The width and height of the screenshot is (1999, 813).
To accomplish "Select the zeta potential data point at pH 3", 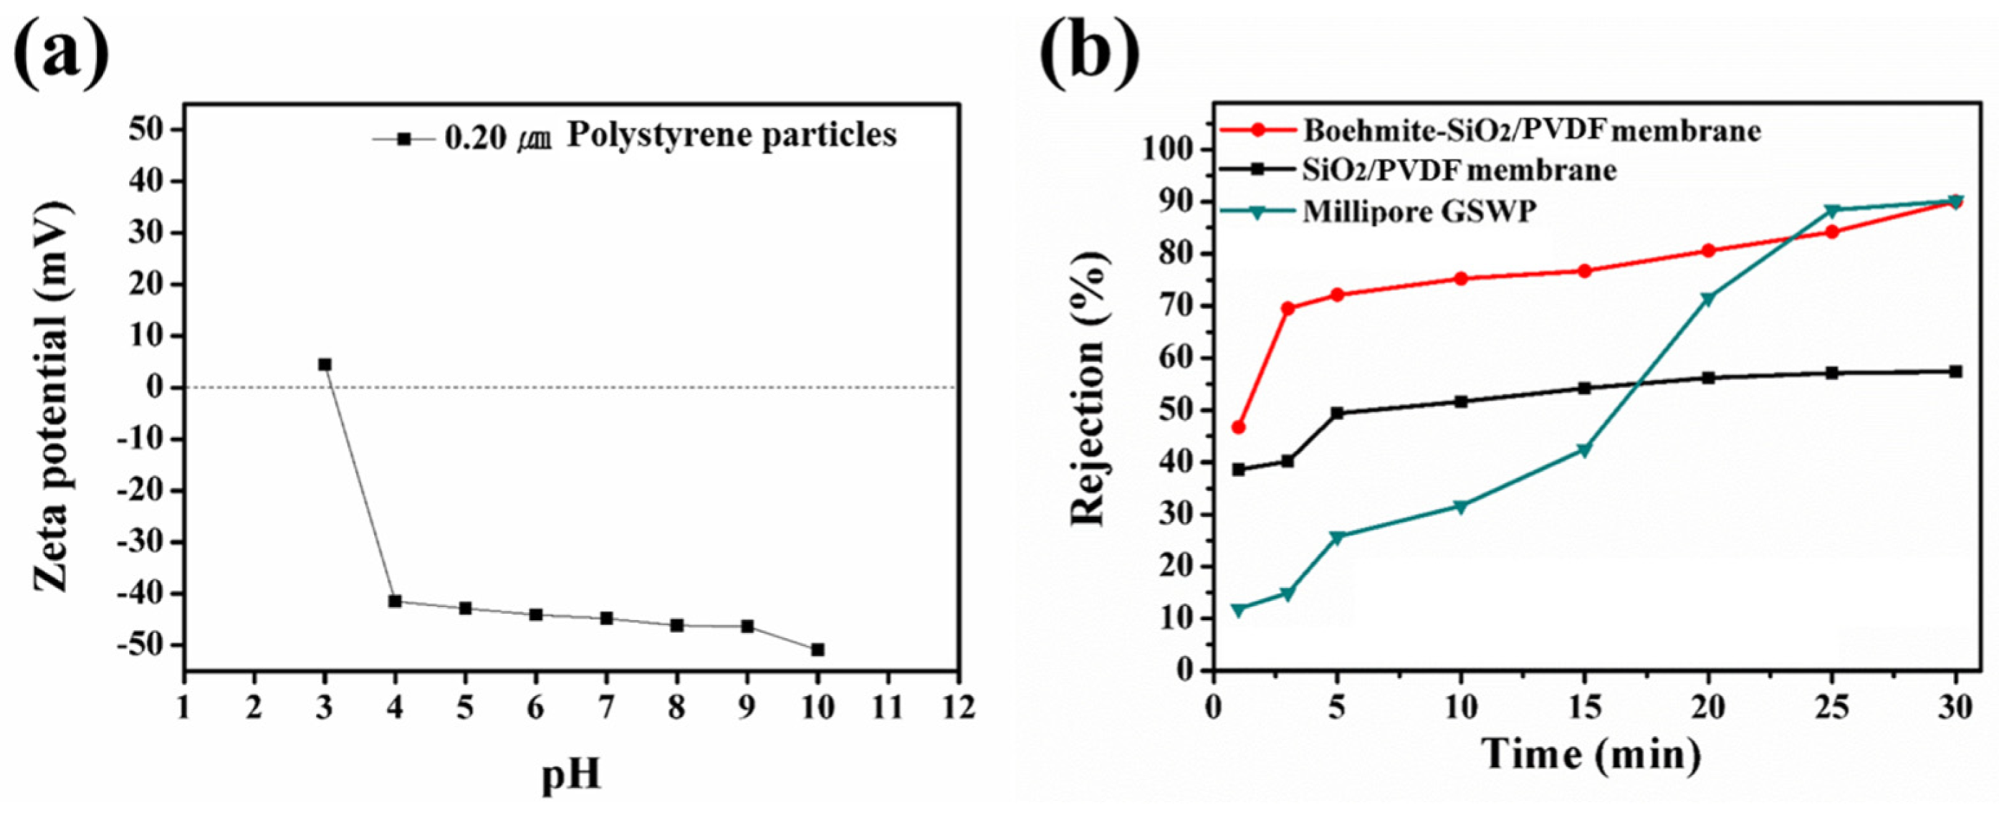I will (325, 364).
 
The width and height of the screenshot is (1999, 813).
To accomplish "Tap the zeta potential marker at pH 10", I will (817, 649).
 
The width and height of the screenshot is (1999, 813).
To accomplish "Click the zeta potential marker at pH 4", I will (395, 601).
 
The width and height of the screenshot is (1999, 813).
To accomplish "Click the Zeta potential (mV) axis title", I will (53, 398).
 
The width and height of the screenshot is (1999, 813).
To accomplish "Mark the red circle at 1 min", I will (1239, 428).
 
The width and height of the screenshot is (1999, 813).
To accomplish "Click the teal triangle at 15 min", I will (1585, 450).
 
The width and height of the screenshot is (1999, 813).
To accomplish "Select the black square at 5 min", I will (1337, 413).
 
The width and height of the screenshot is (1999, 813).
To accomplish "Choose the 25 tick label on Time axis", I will (1831, 708).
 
